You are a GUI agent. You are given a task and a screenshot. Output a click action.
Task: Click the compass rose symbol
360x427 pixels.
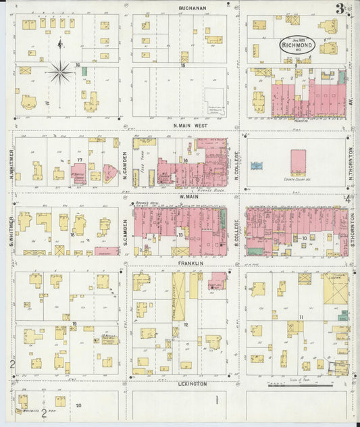[60, 70]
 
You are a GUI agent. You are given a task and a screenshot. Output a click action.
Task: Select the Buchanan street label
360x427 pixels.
[192, 7]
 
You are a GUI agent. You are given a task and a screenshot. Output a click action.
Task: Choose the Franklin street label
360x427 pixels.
[191, 262]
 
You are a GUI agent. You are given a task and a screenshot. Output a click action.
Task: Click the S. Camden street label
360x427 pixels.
[126, 229]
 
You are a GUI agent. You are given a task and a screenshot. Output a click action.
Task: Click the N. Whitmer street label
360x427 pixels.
[11, 164]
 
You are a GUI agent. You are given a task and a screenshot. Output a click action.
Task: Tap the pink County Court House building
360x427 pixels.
[298, 163]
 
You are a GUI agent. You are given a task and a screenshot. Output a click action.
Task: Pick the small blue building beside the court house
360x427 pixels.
[257, 166]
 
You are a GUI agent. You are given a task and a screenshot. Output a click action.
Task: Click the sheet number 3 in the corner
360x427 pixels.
[339, 9]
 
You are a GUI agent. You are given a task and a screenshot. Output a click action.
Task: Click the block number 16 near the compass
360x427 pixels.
[78, 65]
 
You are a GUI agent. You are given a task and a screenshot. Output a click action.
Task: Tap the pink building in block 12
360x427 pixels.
[217, 280]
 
